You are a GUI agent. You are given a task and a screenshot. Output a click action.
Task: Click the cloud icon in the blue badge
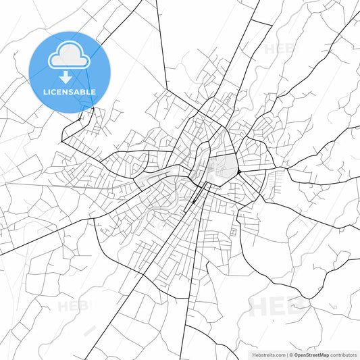click(70, 58)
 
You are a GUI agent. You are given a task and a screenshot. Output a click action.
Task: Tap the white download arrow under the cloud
click(70, 78)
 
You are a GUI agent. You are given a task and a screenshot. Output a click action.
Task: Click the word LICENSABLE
click(70, 92)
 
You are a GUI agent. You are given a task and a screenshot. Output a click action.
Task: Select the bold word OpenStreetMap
click(311, 354)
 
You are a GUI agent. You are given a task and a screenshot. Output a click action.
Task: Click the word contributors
click(342, 354)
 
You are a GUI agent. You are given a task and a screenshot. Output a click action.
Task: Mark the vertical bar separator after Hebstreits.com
click(286, 354)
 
